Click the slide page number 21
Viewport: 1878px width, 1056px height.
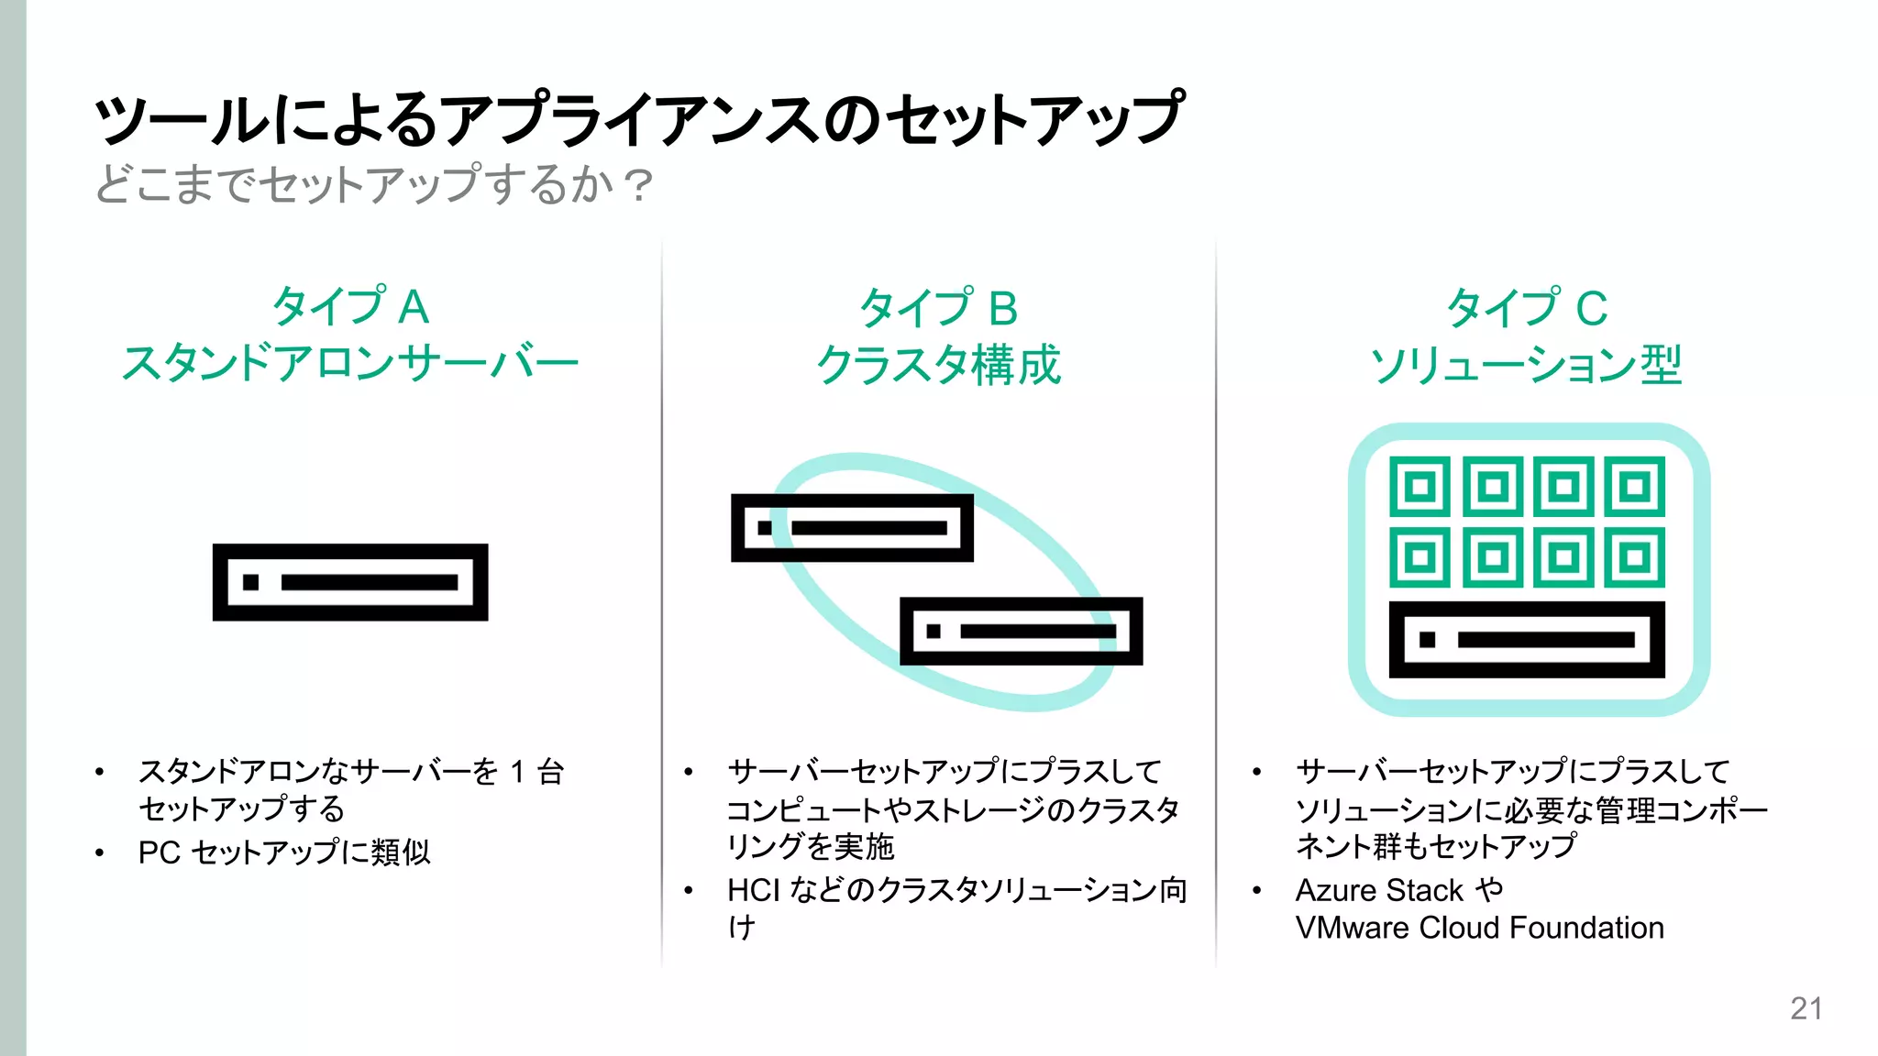coord(1806,1008)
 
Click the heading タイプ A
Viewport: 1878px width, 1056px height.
coord(351,306)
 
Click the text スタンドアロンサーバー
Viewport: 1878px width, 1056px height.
coord(350,363)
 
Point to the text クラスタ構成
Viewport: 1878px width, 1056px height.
coord(938,365)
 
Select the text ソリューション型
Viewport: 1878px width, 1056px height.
coord(1526,365)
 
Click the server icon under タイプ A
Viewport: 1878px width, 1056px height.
coord(350,582)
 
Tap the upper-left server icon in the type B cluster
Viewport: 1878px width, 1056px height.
coord(852,528)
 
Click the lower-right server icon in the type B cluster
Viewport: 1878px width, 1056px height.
coord(1021,631)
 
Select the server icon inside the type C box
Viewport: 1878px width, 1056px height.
coord(1527,640)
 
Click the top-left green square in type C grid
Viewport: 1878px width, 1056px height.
coord(1420,486)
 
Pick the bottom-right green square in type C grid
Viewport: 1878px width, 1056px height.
coord(1634,556)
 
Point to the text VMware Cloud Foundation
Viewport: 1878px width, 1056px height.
coord(1479,928)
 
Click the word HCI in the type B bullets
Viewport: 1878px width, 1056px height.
coord(753,890)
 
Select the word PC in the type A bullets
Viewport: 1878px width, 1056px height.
coord(159,852)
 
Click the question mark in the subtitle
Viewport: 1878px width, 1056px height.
coord(637,185)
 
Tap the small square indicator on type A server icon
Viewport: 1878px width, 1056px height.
coord(250,582)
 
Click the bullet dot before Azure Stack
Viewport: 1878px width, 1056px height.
coord(1256,890)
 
